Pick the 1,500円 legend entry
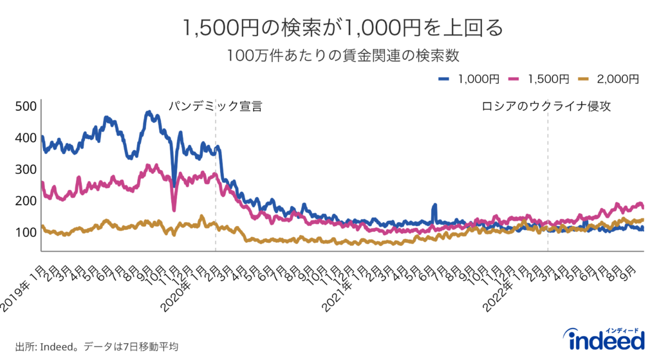pyautogui.click(x=539, y=79)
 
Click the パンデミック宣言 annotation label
pyautogui.click(x=216, y=106)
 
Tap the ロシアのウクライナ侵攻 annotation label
pyautogui.click(x=546, y=106)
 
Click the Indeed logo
pyautogui.click(x=603, y=339)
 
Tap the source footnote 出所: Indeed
pyautogui.click(x=97, y=346)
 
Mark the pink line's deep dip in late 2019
pyautogui.click(x=174, y=208)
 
